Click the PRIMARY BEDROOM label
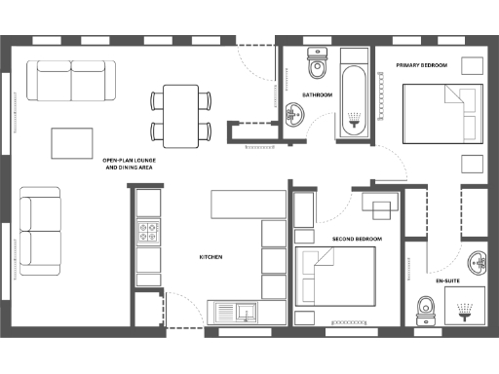(x=421, y=65)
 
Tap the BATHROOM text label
(x=317, y=94)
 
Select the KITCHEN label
(x=211, y=257)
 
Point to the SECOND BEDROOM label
(x=356, y=239)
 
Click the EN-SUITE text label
(x=447, y=280)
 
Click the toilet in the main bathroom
(x=317, y=64)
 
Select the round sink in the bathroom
(x=296, y=115)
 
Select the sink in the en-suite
(x=478, y=264)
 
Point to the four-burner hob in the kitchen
(x=149, y=233)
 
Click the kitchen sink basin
(x=247, y=313)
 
